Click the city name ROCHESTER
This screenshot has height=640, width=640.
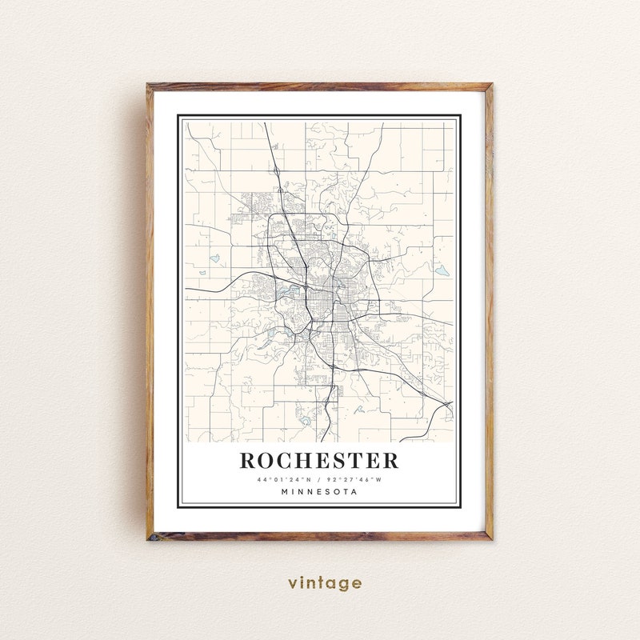click(318, 461)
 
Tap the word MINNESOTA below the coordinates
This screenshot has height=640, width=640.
click(319, 492)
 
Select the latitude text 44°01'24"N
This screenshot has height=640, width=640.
click(282, 479)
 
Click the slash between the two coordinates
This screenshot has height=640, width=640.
click(319, 479)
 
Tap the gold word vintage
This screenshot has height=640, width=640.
click(325, 583)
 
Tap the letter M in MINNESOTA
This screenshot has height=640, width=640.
click(285, 492)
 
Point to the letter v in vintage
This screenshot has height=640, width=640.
click(293, 584)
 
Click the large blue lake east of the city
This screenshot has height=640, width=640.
click(442, 270)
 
